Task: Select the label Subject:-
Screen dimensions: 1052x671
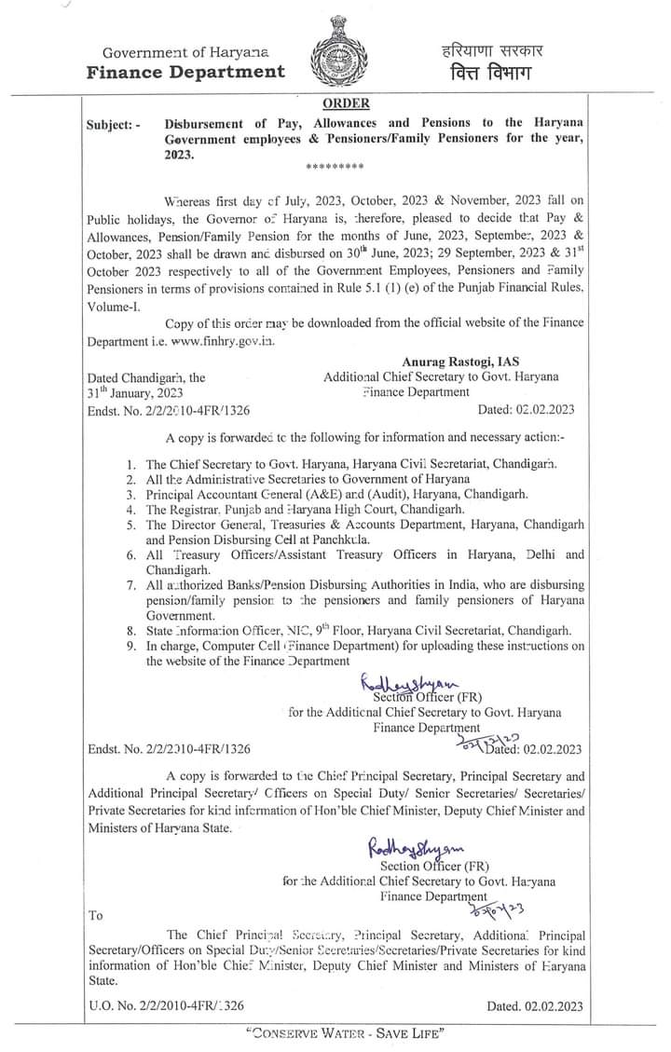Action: point(114,125)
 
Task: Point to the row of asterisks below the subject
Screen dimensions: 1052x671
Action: point(335,168)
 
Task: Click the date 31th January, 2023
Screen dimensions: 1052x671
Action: point(129,393)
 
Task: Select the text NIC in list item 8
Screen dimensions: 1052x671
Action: point(300,630)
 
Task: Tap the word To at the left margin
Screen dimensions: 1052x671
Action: point(95,914)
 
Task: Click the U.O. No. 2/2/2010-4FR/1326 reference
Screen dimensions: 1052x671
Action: point(166,1005)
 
